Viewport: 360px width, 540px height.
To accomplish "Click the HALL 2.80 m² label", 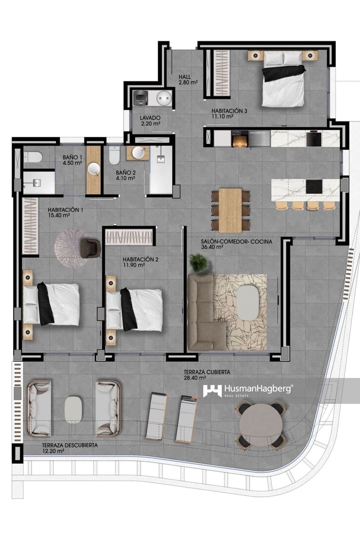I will pos(188,79).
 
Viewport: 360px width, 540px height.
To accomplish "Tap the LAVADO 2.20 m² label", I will pos(150,120).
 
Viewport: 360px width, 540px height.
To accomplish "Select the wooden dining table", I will pos(230,210).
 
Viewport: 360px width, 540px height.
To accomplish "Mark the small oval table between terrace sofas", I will pos(74,409).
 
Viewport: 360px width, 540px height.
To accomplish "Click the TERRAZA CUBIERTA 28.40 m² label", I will pos(207,375).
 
